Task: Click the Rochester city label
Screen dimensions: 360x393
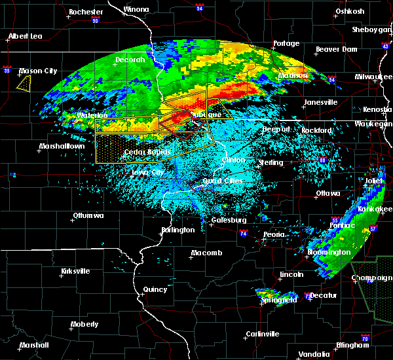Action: (86, 12)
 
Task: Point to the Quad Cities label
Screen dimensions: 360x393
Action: (223, 181)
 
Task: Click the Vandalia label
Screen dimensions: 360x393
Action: (312, 354)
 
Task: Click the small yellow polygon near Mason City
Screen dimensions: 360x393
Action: (24, 82)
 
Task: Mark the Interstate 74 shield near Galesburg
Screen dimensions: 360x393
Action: (243, 232)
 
